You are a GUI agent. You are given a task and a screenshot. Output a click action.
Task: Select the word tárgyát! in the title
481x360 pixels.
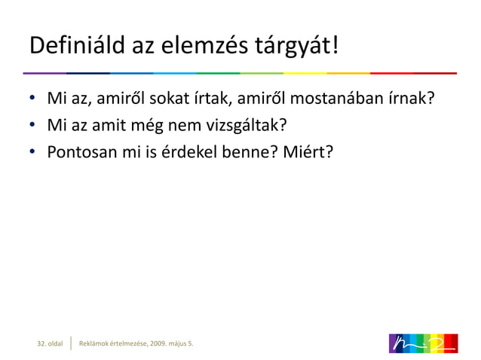tap(301, 47)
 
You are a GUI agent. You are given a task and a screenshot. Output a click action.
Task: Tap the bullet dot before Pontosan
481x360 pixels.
tap(33, 153)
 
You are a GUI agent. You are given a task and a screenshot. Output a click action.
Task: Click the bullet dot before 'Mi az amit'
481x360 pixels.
tap(33, 126)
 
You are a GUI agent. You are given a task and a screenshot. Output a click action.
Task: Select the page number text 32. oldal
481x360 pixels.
tap(51, 344)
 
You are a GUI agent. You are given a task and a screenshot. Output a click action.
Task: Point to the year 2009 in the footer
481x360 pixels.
tap(158, 344)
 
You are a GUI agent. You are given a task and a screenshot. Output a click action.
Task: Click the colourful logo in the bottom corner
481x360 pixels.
tap(423, 343)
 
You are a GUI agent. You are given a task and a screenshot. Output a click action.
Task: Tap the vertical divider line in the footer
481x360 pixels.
tap(71, 343)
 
